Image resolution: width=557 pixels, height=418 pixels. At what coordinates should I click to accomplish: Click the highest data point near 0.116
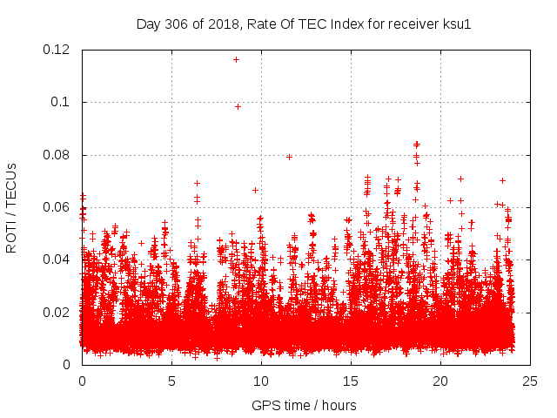pyautogui.click(x=236, y=59)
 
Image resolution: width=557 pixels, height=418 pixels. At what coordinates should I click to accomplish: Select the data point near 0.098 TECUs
pyautogui.click(x=238, y=106)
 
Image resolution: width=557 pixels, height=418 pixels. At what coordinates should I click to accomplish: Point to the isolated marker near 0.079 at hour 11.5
pyautogui.click(x=289, y=157)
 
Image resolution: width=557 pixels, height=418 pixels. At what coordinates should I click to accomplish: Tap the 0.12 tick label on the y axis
pyautogui.click(x=58, y=50)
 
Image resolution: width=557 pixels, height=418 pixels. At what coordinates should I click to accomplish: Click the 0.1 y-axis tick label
pyautogui.click(x=64, y=102)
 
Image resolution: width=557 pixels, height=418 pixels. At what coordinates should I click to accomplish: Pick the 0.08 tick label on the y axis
pyautogui.click(x=58, y=155)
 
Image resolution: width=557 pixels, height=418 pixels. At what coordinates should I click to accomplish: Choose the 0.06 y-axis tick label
pyautogui.click(x=58, y=207)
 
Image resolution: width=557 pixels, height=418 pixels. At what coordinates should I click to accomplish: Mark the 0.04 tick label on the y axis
pyautogui.click(x=58, y=260)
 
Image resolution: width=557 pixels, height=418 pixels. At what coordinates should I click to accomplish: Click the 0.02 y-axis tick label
pyautogui.click(x=58, y=312)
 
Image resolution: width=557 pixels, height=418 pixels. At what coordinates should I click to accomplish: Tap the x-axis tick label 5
pyautogui.click(x=171, y=381)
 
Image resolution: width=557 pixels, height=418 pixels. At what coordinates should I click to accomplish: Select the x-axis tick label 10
pyautogui.click(x=261, y=381)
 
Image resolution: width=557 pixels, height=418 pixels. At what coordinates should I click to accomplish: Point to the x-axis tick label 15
pyautogui.click(x=351, y=381)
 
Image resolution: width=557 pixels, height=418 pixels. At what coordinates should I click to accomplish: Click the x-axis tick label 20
pyautogui.click(x=440, y=381)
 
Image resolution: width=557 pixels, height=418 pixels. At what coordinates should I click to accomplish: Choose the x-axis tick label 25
pyautogui.click(x=530, y=381)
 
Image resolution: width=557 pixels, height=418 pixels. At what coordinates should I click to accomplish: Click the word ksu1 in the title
pyautogui.click(x=457, y=24)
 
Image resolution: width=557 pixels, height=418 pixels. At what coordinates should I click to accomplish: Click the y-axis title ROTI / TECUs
pyautogui.click(x=12, y=207)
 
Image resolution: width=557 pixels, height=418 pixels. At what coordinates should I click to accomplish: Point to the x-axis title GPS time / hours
pyautogui.click(x=305, y=405)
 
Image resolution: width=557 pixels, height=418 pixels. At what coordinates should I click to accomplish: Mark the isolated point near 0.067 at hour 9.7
pyautogui.click(x=255, y=190)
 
